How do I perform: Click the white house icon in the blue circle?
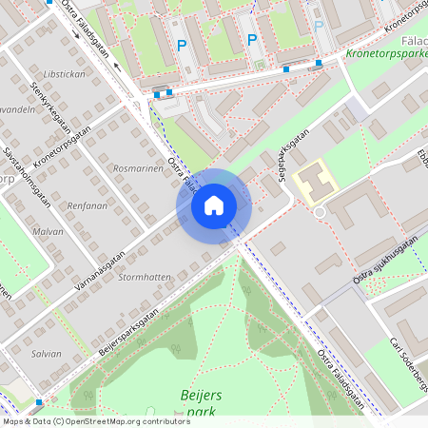click(x=214, y=204)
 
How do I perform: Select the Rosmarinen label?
click(x=132, y=168)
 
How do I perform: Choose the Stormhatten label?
click(x=146, y=277)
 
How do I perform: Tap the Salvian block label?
click(x=47, y=353)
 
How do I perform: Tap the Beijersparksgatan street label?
click(x=132, y=325)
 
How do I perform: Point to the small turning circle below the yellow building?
click(x=320, y=211)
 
